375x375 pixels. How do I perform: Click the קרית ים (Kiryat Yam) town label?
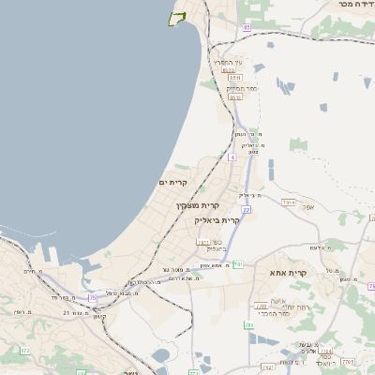(x=174, y=182)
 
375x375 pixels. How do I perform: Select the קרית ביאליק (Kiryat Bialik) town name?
(x=217, y=219)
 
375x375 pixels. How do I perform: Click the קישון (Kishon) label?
(x=99, y=315)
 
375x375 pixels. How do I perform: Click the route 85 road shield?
(x=247, y=28)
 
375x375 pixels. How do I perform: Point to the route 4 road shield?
(x=232, y=157)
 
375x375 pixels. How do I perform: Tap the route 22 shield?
(x=246, y=210)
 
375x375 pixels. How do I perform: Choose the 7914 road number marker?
(x=288, y=202)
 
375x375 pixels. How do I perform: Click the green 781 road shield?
(x=238, y=264)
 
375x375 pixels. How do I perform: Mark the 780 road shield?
(x=248, y=325)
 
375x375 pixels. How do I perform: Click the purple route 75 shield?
(x=92, y=298)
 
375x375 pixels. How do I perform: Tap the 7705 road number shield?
(x=348, y=360)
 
